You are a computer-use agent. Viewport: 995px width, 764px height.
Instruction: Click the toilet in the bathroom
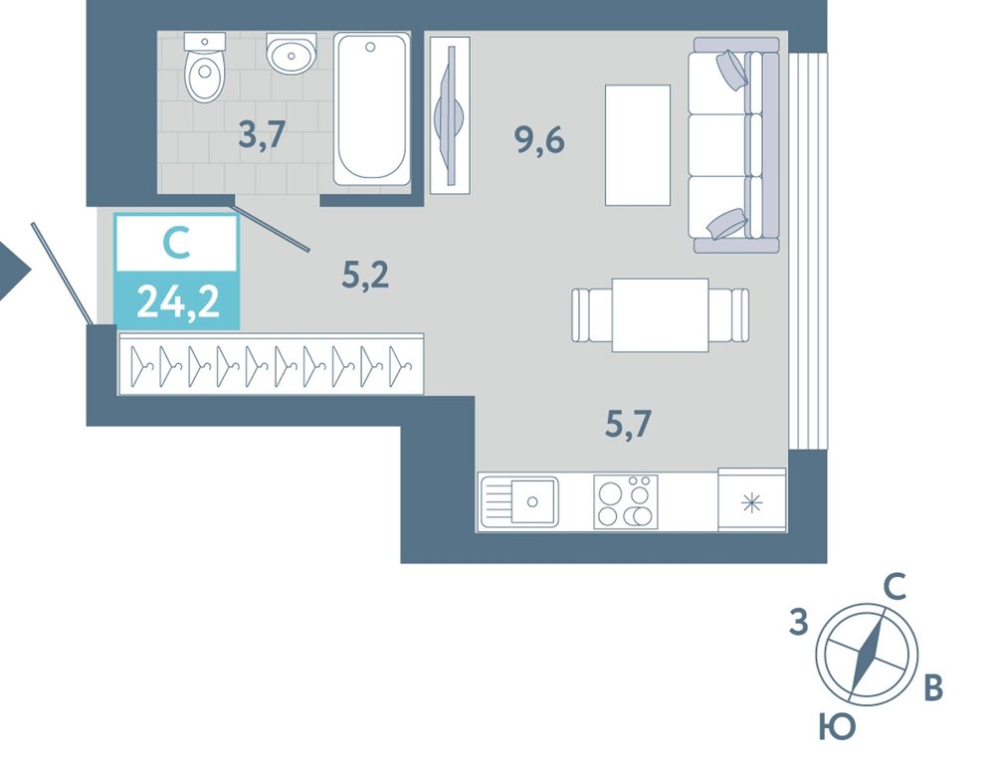[205, 68]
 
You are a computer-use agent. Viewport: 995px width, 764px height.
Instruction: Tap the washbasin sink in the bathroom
[291, 54]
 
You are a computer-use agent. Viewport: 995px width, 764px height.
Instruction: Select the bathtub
[372, 109]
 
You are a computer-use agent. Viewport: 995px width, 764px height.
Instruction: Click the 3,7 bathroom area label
[262, 135]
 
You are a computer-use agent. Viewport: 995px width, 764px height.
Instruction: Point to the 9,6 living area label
[539, 140]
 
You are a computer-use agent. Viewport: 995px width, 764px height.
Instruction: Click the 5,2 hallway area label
[365, 276]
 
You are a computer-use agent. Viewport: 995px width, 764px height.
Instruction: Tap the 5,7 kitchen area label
[628, 424]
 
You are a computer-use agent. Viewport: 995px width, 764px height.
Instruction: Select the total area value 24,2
[178, 301]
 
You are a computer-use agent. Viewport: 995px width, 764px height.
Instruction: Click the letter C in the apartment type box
[176, 244]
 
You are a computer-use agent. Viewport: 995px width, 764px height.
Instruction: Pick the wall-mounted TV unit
[450, 114]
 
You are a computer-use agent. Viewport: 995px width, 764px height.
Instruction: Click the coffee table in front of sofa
[638, 145]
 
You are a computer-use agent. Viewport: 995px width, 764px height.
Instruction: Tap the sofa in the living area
[734, 145]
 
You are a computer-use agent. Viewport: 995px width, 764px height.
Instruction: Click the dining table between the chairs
[660, 314]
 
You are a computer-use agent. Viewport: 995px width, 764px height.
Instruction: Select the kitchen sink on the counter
[519, 501]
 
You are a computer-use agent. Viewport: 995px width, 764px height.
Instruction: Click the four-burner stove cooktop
[626, 501]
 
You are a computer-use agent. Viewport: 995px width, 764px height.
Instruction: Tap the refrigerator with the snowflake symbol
[752, 499]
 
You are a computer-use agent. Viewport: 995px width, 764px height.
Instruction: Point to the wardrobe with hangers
[271, 364]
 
